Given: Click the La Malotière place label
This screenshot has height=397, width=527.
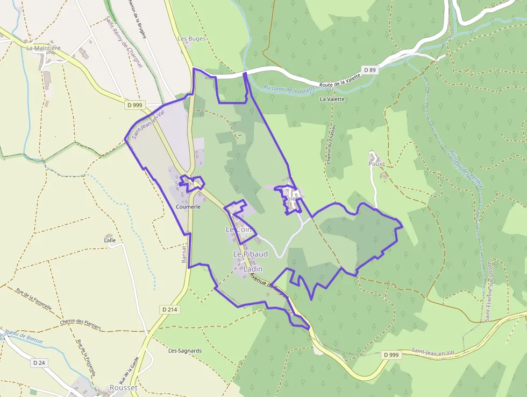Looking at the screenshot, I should [x=44, y=48].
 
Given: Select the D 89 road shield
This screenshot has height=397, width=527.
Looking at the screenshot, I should [x=369, y=70].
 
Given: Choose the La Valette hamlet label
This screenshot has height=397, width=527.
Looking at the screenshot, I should [x=332, y=99].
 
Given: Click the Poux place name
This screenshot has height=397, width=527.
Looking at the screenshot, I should [x=375, y=163].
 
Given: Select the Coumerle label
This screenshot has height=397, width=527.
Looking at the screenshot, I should [x=188, y=206].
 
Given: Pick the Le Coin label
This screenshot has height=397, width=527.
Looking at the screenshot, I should [x=238, y=229].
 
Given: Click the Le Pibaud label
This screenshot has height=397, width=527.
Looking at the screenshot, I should [x=250, y=253].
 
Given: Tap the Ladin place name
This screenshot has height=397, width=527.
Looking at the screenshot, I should [x=253, y=268].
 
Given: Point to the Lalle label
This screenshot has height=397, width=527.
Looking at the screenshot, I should [x=110, y=240].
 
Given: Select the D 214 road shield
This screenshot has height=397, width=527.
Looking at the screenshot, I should [x=169, y=309].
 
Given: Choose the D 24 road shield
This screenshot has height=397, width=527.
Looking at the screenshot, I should [x=39, y=363].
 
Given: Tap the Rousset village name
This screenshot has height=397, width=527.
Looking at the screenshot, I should [x=123, y=388].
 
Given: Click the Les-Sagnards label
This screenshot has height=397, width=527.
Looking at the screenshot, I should [x=185, y=351].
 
